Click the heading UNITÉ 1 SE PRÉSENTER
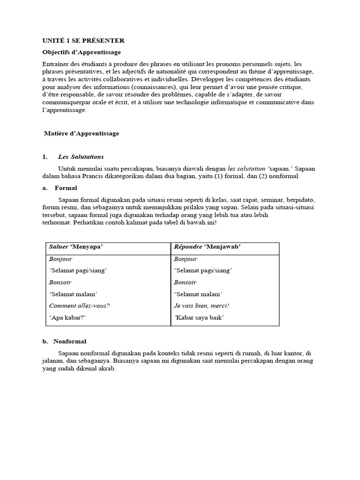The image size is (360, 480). (x=83, y=41)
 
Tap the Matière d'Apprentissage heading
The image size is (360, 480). (x=82, y=134)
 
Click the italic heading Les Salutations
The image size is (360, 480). (x=81, y=157)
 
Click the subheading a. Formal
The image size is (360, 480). (x=60, y=188)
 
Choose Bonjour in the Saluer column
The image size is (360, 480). (x=60, y=259)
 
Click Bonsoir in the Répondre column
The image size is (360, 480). (x=185, y=282)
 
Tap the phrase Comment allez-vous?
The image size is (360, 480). (x=79, y=306)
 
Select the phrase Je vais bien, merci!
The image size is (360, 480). (x=202, y=306)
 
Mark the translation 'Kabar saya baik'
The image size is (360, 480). (x=200, y=318)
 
